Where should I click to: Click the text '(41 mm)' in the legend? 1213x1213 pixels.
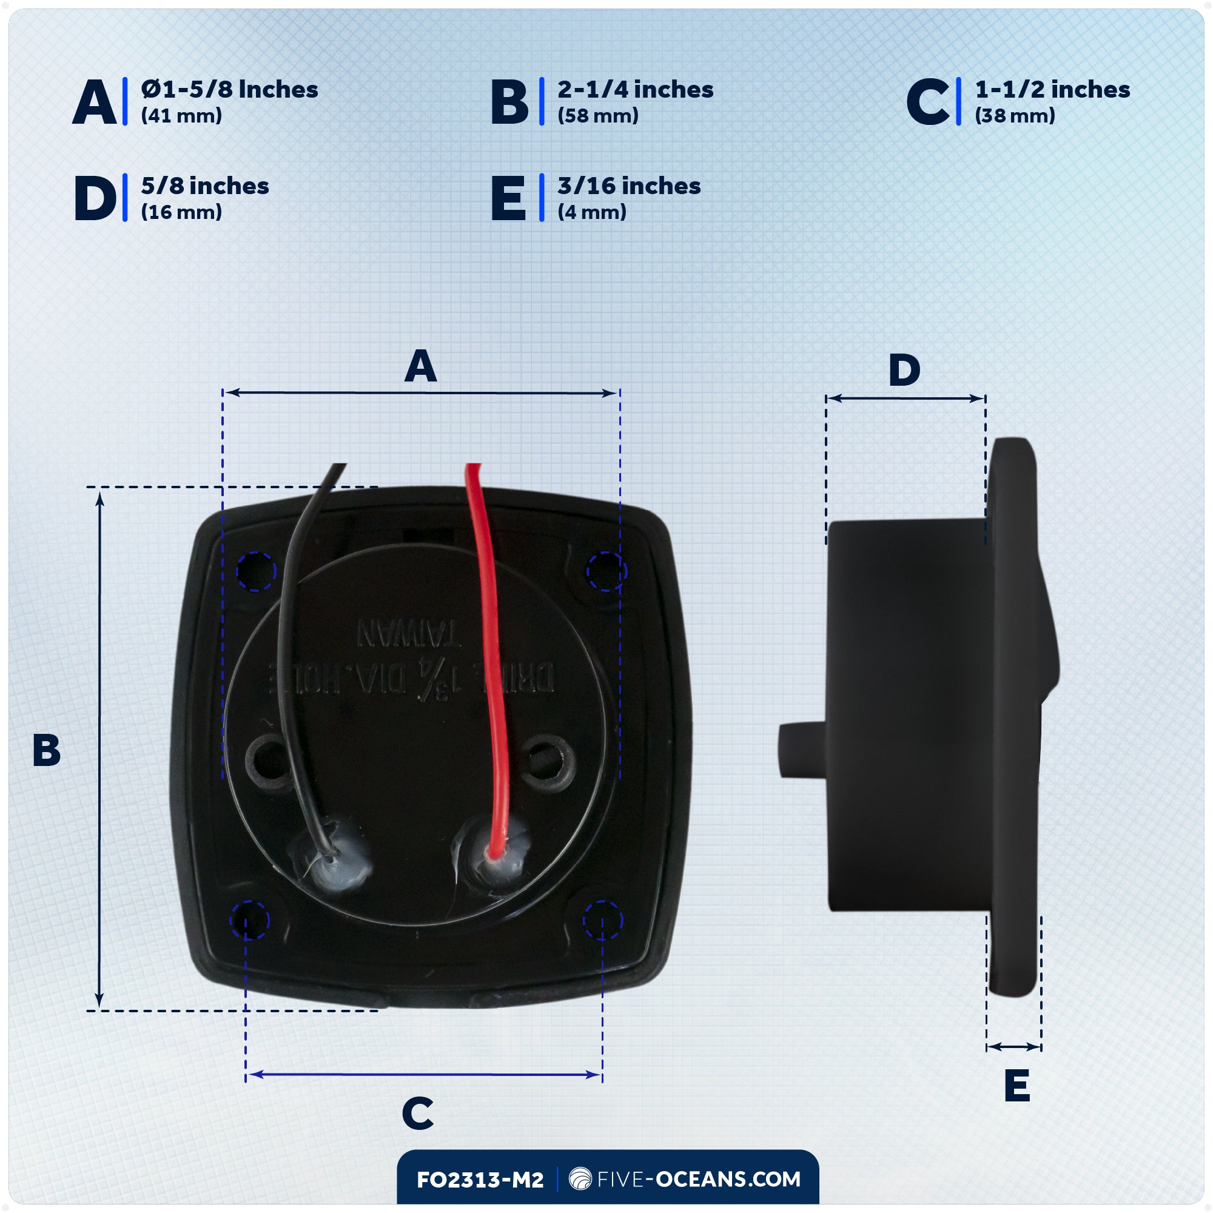(181, 116)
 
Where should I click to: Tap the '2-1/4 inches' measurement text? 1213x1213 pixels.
(635, 90)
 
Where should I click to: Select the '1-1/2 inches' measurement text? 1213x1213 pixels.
(1052, 90)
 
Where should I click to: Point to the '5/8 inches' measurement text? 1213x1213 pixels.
(204, 186)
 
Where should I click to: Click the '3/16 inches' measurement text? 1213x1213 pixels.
(628, 186)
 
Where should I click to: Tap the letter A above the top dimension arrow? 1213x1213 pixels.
(420, 368)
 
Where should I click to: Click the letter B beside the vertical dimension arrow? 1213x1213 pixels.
(47, 750)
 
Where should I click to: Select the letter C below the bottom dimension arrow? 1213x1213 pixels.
(417, 1113)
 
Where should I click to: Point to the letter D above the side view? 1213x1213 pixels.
(904, 371)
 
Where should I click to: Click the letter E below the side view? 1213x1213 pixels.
(1017, 1086)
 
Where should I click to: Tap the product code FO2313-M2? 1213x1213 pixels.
(480, 1180)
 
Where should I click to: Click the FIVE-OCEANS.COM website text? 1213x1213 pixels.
(699, 1179)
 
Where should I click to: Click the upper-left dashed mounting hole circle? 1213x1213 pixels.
(256, 571)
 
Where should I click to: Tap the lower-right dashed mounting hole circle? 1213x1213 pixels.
(602, 921)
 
